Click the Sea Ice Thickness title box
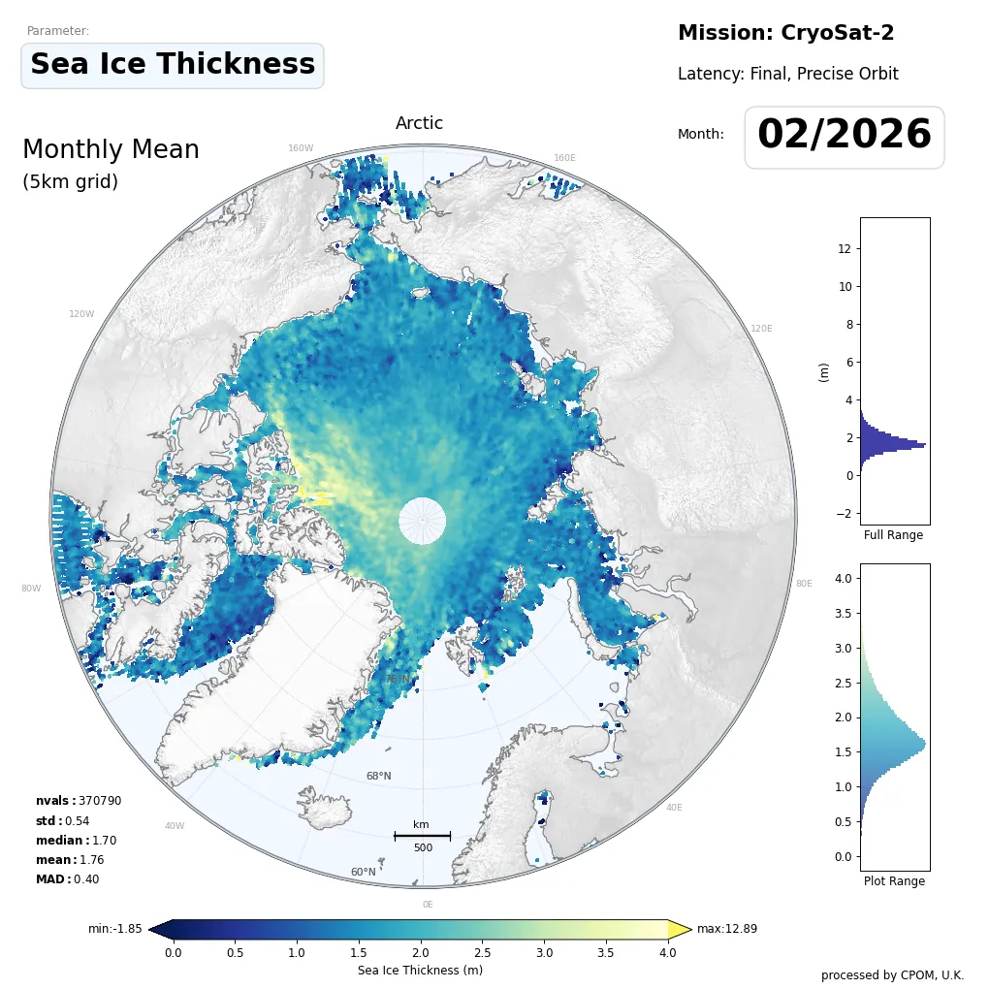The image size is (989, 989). click(173, 65)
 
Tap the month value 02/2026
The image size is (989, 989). click(844, 136)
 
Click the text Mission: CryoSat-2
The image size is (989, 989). click(785, 33)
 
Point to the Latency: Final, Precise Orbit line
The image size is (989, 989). click(787, 74)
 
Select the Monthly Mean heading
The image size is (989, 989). click(111, 150)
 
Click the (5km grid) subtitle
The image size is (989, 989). click(70, 182)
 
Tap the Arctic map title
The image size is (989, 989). click(419, 123)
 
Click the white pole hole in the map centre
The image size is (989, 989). click(422, 521)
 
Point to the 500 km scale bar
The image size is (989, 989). click(422, 836)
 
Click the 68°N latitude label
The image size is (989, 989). click(378, 776)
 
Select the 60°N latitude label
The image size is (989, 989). click(363, 872)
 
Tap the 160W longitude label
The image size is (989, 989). click(301, 148)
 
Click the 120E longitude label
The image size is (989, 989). click(761, 329)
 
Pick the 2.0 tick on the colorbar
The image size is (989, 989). click(420, 953)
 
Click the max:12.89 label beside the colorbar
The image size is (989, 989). click(726, 929)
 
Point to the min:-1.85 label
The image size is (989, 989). click(115, 929)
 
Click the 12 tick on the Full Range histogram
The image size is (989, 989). click(844, 248)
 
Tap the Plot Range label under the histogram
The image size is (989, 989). click(894, 881)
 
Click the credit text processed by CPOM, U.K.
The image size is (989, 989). click(892, 974)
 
